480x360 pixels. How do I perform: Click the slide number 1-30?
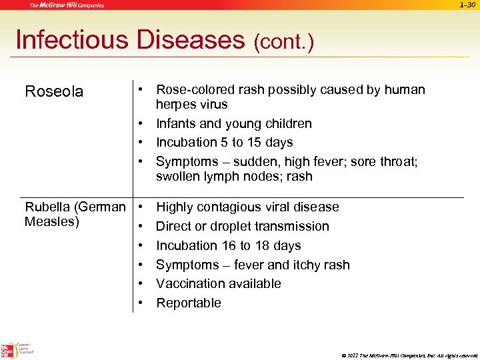click(x=467, y=5)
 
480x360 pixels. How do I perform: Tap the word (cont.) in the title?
click(x=283, y=42)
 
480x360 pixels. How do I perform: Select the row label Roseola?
click(x=54, y=91)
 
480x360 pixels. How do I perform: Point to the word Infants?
click(x=175, y=123)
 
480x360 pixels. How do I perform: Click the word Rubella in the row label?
click(x=50, y=207)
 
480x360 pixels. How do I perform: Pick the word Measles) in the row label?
click(x=52, y=221)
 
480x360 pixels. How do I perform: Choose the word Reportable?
click(x=189, y=303)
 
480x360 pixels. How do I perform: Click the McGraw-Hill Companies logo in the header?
click(x=67, y=6)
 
